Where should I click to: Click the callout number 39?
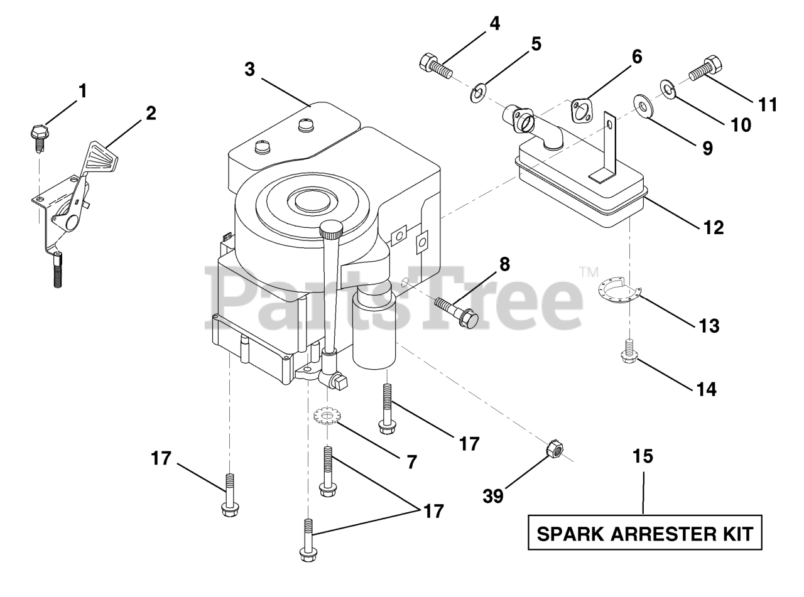pos(493,497)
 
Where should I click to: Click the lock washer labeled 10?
pos(668,89)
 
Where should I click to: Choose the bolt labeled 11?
pos(706,68)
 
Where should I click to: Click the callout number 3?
pos(250,69)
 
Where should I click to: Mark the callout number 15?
pos(644,456)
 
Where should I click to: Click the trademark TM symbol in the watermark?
pos(588,272)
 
